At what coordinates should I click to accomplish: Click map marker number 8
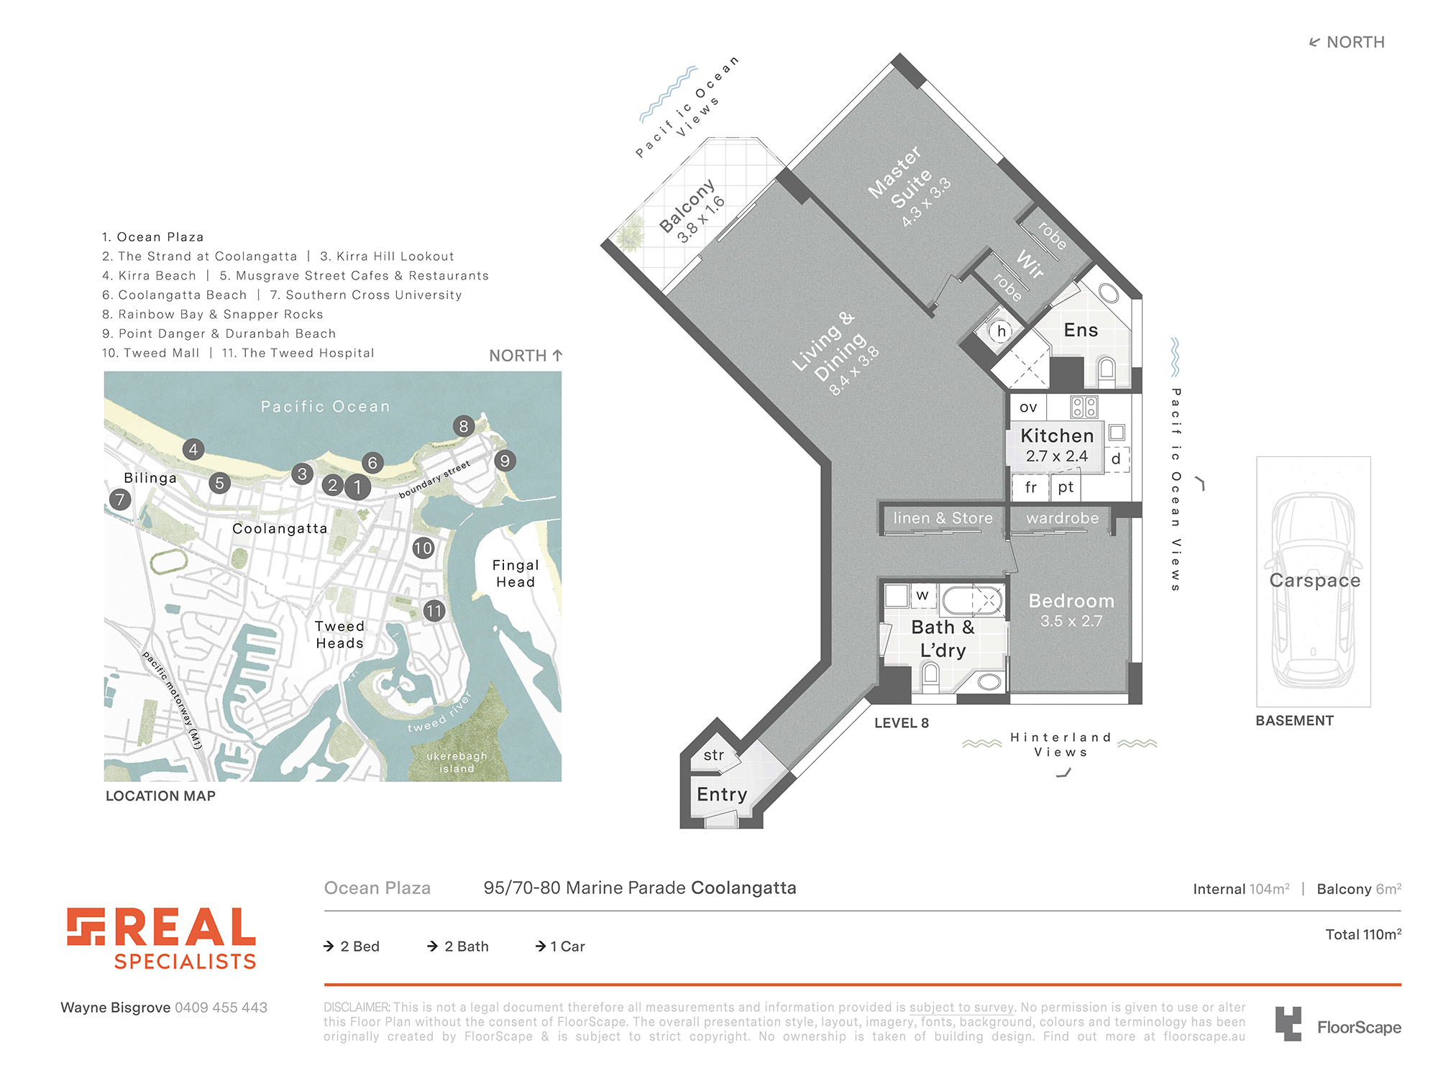tap(464, 426)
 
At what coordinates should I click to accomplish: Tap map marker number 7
tap(120, 499)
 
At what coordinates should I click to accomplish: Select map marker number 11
tap(434, 611)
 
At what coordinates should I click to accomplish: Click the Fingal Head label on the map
tap(516, 573)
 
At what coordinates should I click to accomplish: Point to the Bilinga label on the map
tap(150, 478)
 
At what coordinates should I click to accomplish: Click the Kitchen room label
tap(1057, 436)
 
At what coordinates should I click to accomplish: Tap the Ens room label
tap(1081, 330)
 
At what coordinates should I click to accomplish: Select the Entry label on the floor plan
tap(722, 794)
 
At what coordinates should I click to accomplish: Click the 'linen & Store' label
tap(943, 518)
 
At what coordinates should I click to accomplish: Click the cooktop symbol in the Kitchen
tap(1084, 407)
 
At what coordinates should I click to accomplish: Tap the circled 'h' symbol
tap(1001, 331)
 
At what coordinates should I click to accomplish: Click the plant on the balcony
tap(630, 234)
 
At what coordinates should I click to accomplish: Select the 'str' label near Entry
tap(714, 755)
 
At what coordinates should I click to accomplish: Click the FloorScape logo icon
tap(1288, 1024)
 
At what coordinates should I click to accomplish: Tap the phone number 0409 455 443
tap(221, 1008)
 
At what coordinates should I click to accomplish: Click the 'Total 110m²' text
tap(1363, 934)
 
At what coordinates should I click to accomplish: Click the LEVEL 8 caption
tap(902, 723)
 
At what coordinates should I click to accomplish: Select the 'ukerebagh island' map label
tap(457, 762)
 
